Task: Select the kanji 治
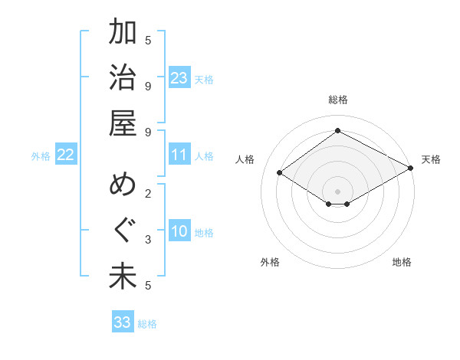pyautogui.click(x=123, y=78)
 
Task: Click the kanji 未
pyautogui.click(x=123, y=277)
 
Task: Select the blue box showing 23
pyautogui.click(x=179, y=78)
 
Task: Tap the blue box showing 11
pyautogui.click(x=179, y=155)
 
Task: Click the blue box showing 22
pyautogui.click(x=65, y=155)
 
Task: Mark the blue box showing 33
pyautogui.click(x=123, y=322)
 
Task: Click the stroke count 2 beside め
pyautogui.click(x=147, y=194)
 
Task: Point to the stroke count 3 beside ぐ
pyautogui.click(x=147, y=240)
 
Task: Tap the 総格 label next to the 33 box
pyautogui.click(x=147, y=324)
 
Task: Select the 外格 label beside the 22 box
pyautogui.click(x=41, y=156)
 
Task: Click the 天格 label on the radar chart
pyautogui.click(x=431, y=159)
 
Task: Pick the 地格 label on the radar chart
pyautogui.click(x=402, y=262)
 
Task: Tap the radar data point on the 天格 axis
pyautogui.click(x=411, y=168)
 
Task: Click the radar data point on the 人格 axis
pyautogui.click(x=280, y=173)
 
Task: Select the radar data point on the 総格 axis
pyautogui.click(x=337, y=131)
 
